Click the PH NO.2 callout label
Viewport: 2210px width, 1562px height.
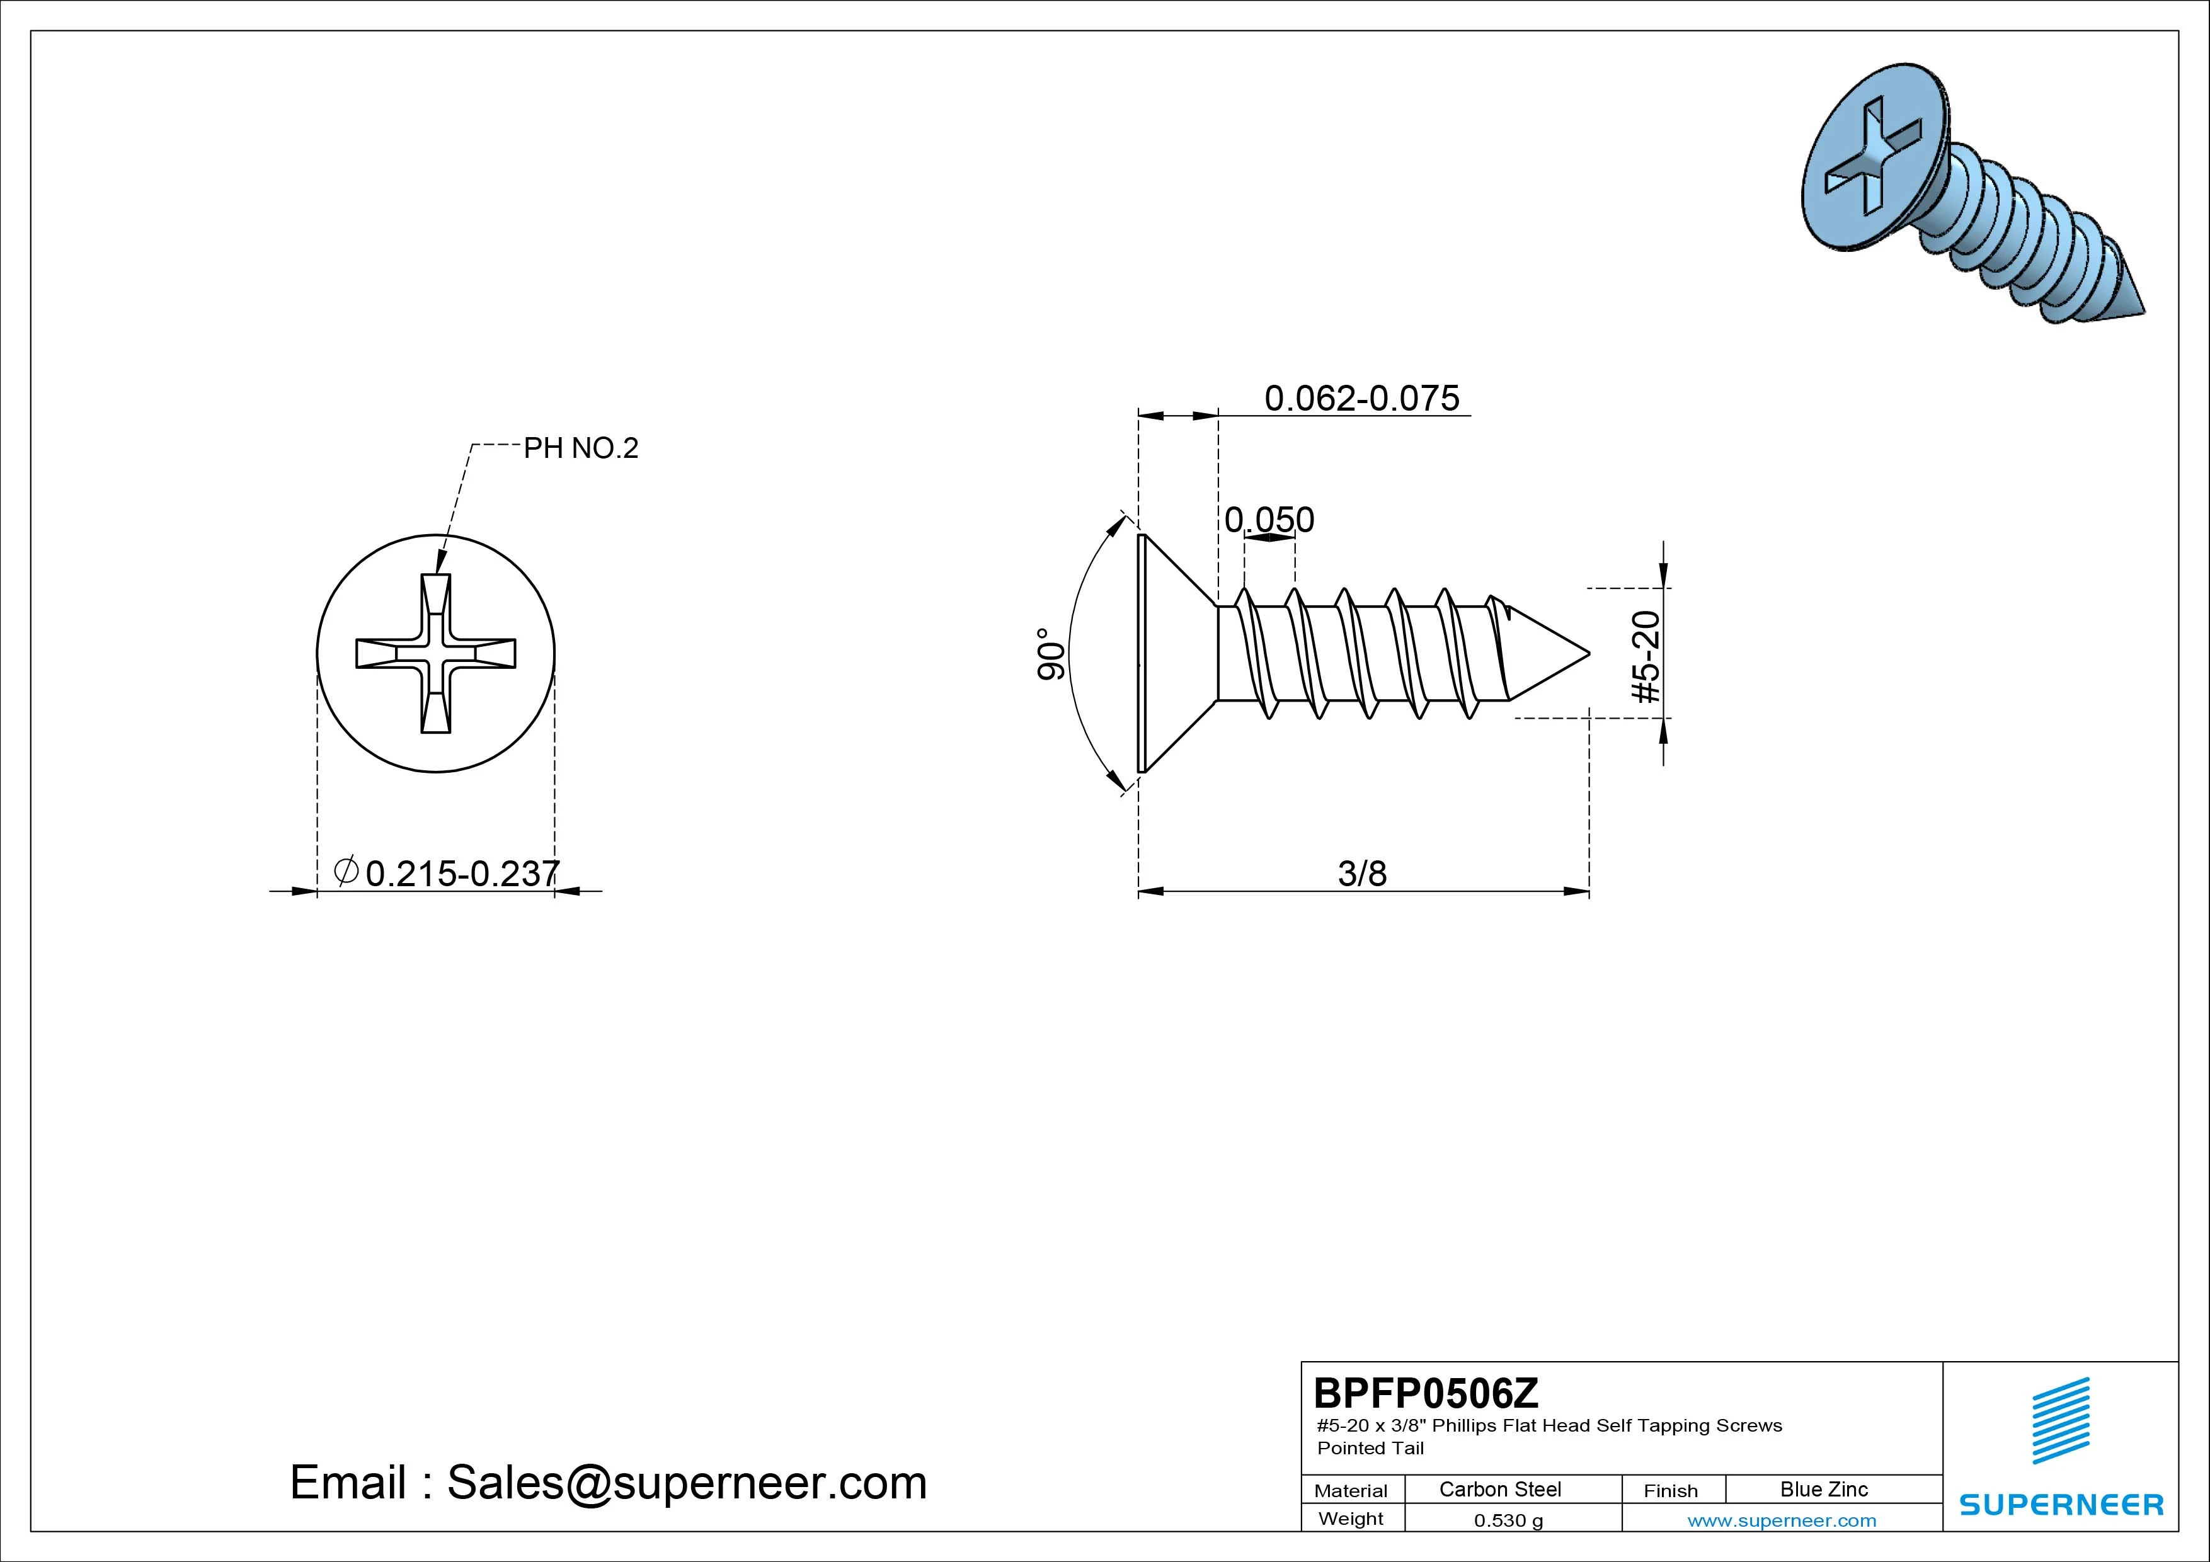point(580,448)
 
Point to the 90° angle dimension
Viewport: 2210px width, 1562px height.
point(1051,654)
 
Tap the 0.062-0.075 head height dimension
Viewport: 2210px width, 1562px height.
point(1361,397)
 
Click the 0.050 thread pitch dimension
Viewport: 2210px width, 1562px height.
point(1269,520)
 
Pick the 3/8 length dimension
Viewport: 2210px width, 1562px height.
point(1362,873)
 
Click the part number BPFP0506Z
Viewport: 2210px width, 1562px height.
point(1426,1393)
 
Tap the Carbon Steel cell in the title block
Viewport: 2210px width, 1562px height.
point(1499,1489)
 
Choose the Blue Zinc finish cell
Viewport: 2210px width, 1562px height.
point(1824,1489)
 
